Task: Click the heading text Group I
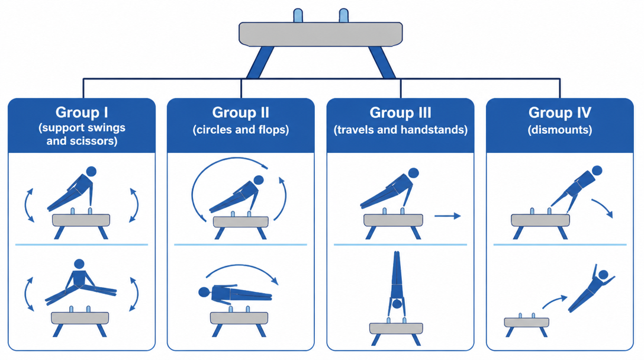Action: tap(82, 112)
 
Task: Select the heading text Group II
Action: tap(241, 112)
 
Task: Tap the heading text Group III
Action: tap(401, 112)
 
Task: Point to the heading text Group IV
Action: tap(560, 112)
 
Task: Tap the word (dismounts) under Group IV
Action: tap(560, 130)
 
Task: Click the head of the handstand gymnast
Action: tap(397, 304)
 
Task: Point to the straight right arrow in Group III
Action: tap(447, 216)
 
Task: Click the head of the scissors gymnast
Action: tap(79, 264)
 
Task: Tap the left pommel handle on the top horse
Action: tap(298, 15)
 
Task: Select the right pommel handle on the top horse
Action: tap(344, 15)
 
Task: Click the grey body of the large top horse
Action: tap(321, 34)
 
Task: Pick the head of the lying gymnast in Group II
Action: tap(204, 292)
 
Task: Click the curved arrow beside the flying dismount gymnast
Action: tap(555, 301)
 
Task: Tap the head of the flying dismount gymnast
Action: tap(603, 275)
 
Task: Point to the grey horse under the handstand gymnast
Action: tap(397, 328)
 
